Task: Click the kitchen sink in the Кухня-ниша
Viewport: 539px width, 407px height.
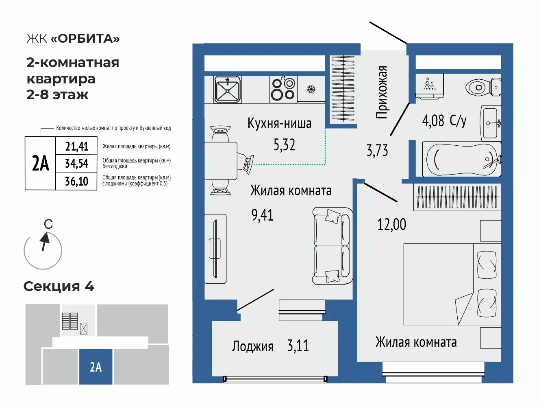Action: click(227, 90)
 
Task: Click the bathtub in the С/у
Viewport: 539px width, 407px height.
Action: click(462, 158)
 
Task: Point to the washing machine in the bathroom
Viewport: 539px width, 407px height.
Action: click(430, 86)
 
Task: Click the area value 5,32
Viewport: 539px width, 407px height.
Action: click(284, 145)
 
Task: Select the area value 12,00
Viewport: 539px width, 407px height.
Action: click(391, 224)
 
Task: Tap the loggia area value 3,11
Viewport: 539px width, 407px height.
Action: click(298, 346)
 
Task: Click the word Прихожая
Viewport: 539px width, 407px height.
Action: click(382, 92)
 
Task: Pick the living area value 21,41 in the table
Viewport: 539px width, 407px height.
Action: click(76, 147)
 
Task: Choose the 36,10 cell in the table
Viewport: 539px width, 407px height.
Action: click(76, 182)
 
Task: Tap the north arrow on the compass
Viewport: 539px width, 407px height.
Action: click(45, 242)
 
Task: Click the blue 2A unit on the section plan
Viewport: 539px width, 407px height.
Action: click(96, 366)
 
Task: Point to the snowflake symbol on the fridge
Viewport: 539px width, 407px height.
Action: click(311, 89)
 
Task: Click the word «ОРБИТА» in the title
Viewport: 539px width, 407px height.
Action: click(85, 39)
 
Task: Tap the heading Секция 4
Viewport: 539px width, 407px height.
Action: click(59, 287)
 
